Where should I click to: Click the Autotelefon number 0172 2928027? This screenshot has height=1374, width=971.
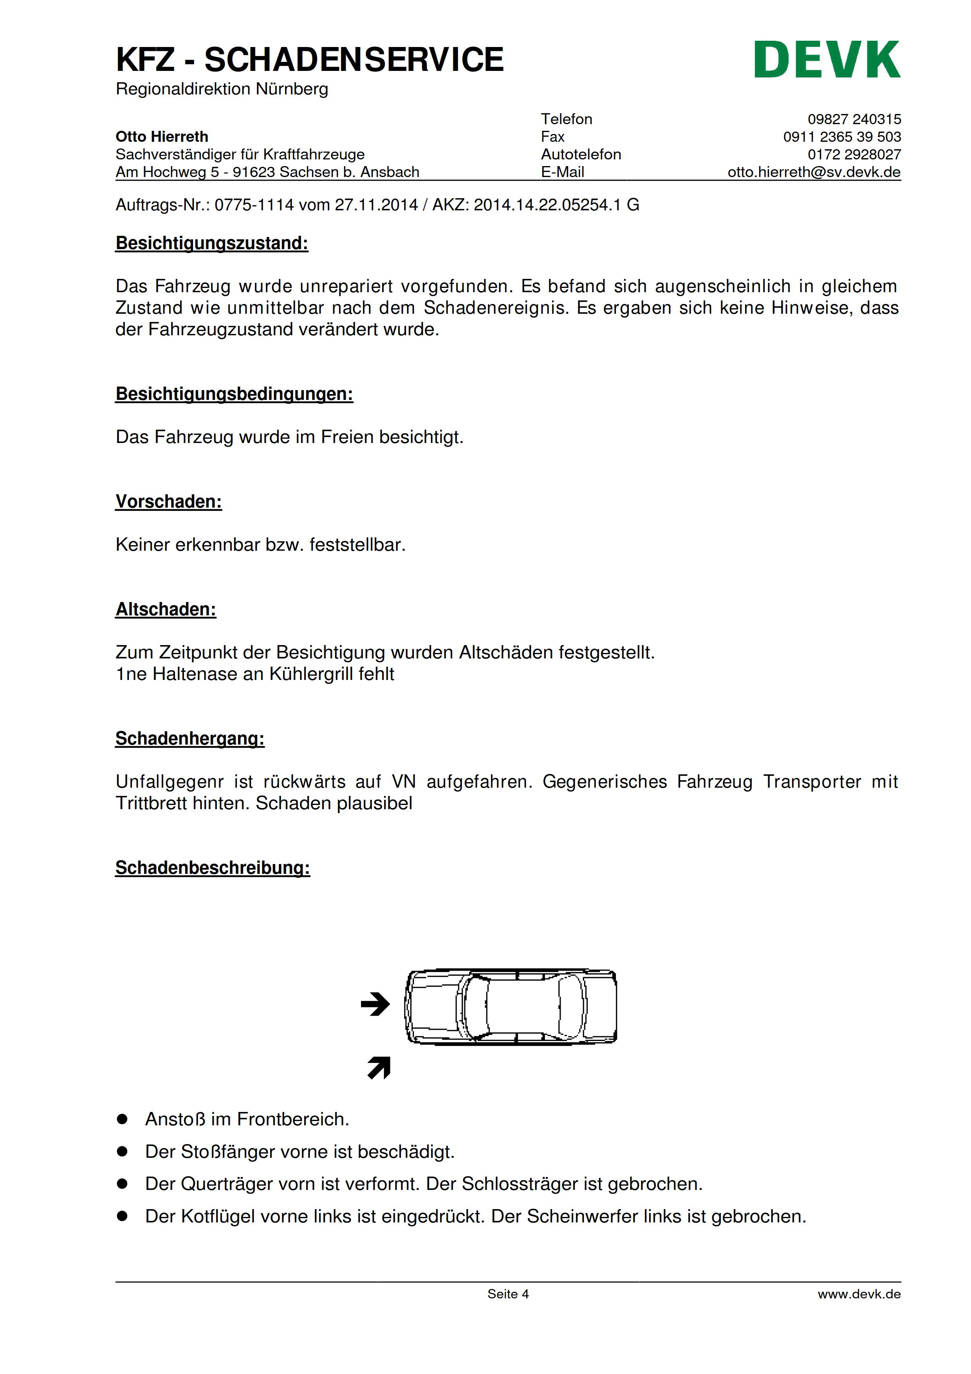tap(854, 154)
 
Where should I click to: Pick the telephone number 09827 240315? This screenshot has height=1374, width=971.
tap(854, 119)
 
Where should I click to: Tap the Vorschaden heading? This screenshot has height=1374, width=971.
tap(169, 501)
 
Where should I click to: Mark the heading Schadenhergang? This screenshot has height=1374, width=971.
tap(190, 738)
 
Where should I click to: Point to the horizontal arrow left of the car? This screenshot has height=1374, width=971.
tap(375, 1004)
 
